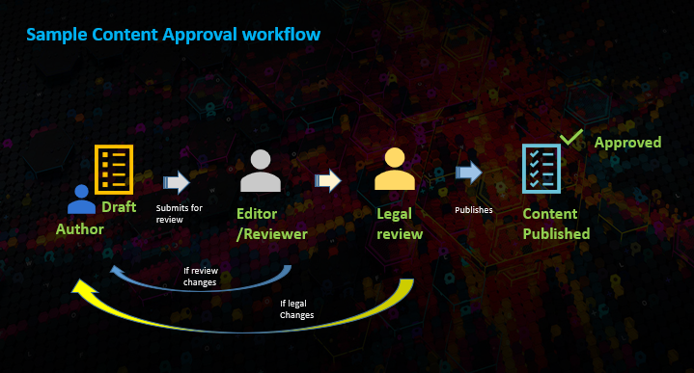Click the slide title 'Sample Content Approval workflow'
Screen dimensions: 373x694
click(x=173, y=35)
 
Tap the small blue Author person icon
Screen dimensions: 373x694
click(x=81, y=200)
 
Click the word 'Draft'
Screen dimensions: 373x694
click(x=119, y=207)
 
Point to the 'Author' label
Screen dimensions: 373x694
click(x=80, y=229)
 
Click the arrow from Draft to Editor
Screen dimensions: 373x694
click(x=177, y=181)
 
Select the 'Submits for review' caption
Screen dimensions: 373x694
click(x=180, y=213)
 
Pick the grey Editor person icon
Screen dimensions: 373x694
click(x=260, y=172)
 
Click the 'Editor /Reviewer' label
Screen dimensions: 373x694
click(x=271, y=224)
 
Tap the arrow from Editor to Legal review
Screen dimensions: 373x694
click(x=328, y=179)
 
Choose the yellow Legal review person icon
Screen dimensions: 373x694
click(x=394, y=170)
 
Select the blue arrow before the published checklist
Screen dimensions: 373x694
click(x=469, y=172)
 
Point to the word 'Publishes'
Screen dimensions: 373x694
click(x=474, y=209)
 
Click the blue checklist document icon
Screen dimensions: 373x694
click(x=541, y=170)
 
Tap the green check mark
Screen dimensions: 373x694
click(x=571, y=139)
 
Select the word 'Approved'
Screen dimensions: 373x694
click(x=627, y=143)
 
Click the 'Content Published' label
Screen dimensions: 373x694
click(x=556, y=224)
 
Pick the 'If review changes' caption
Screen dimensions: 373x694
click(x=200, y=277)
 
